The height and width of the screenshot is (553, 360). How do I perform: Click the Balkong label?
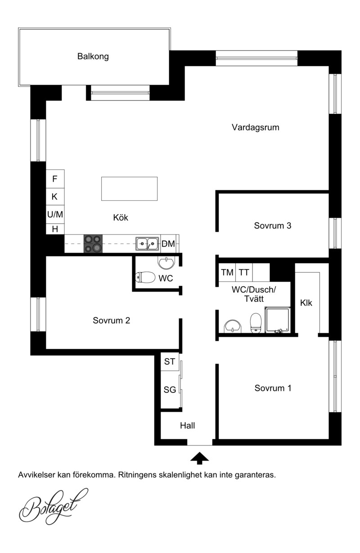[x=93, y=56]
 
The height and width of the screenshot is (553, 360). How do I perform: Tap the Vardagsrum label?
[x=255, y=127]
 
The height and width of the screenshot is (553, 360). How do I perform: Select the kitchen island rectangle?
[x=129, y=189]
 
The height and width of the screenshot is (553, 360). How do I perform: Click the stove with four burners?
[x=93, y=243]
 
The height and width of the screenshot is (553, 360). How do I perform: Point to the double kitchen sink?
[x=147, y=244]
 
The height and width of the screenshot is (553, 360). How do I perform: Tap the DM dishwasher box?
[x=169, y=244]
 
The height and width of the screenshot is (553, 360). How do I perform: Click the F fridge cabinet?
[x=55, y=179]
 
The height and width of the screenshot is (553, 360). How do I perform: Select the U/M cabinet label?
[x=55, y=214]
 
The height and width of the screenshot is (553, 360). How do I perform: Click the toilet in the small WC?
[x=145, y=277]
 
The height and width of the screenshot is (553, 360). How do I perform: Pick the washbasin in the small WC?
[x=166, y=263]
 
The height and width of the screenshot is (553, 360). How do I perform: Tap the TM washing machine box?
[x=227, y=272]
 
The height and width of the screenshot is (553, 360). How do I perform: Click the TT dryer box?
[x=244, y=272]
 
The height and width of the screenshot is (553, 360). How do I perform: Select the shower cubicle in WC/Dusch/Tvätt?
[x=277, y=320]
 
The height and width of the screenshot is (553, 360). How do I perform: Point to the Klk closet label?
[x=306, y=303]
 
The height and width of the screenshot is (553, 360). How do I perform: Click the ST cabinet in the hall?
[x=170, y=361]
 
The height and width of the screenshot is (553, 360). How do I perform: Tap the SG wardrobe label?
[x=170, y=390]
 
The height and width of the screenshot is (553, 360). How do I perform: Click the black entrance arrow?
[x=199, y=459]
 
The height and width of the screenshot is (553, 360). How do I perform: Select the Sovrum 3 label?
[x=273, y=225]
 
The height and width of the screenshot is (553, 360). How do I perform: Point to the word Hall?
[x=187, y=426]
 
